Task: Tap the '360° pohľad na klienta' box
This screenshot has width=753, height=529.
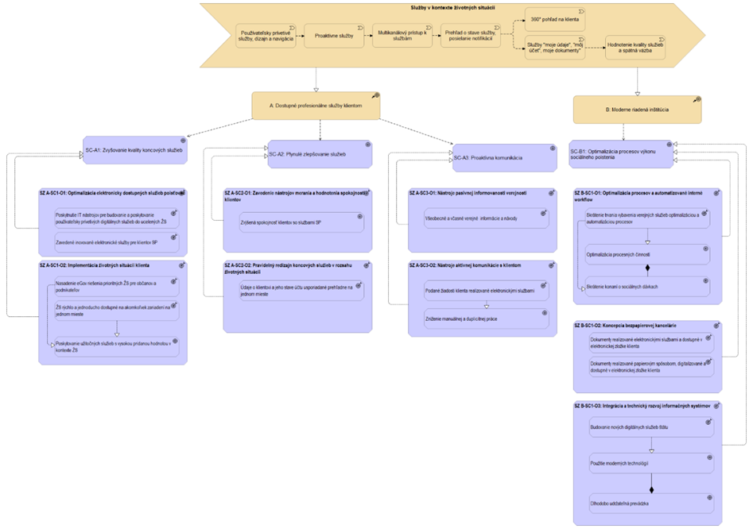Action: point(554,17)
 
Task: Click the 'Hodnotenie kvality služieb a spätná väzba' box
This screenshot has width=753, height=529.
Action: point(635,47)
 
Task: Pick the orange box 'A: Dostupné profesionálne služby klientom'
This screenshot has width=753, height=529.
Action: point(316,106)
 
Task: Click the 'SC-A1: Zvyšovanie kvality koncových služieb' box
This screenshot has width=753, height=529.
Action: point(134,150)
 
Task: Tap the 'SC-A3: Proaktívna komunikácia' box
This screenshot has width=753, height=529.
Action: point(504,157)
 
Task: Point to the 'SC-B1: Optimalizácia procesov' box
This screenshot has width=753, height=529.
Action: point(621,154)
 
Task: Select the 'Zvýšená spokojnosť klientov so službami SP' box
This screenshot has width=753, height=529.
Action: point(301,222)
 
